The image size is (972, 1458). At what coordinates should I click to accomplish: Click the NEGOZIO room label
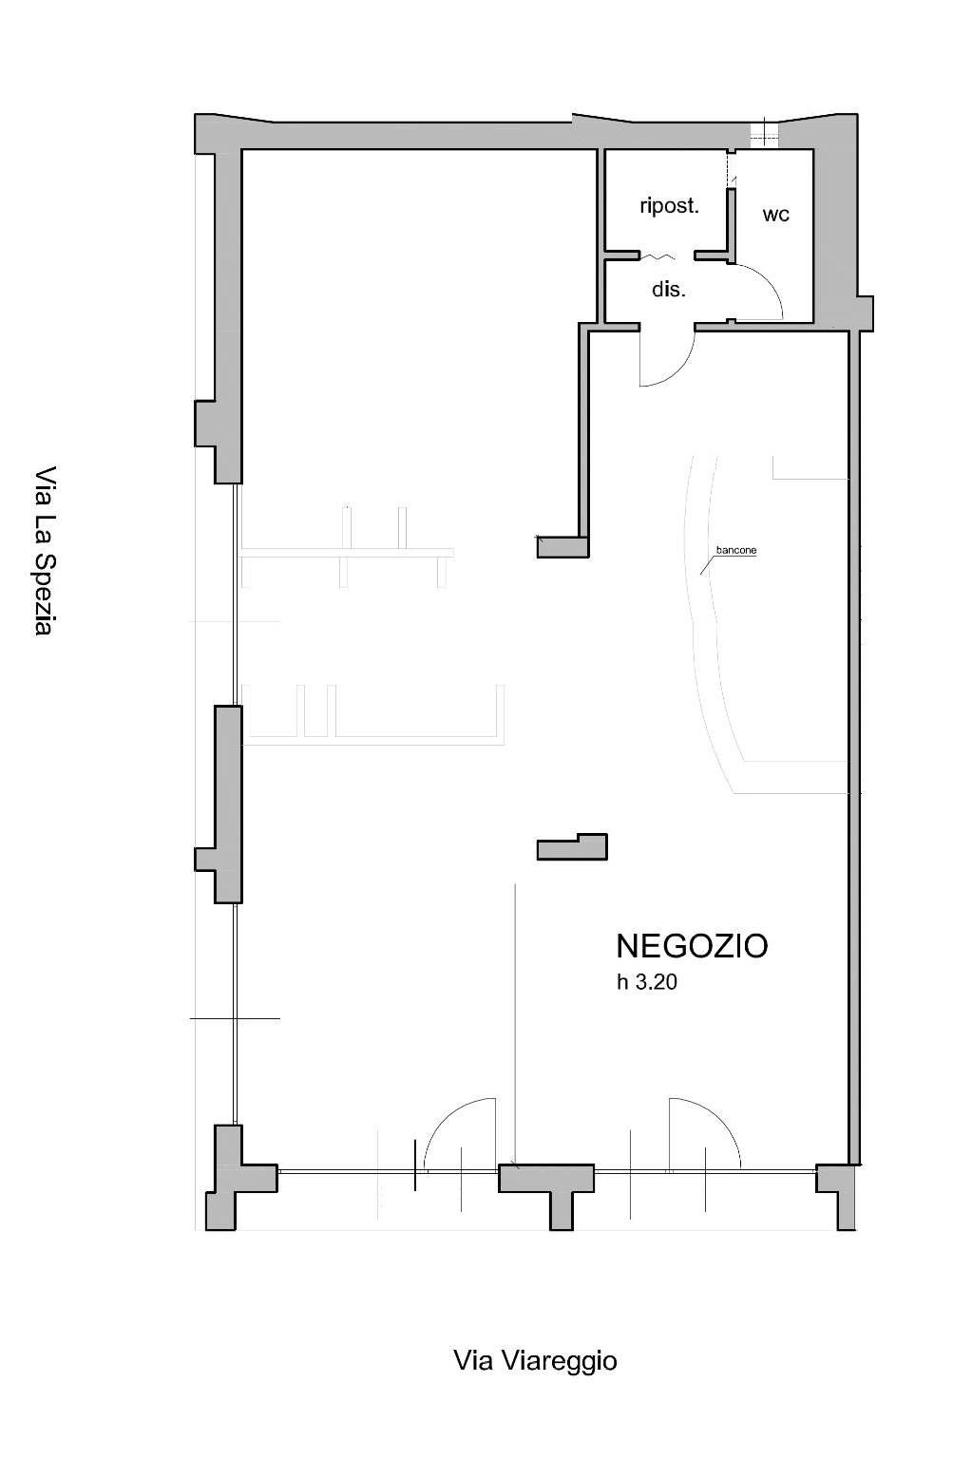(x=692, y=946)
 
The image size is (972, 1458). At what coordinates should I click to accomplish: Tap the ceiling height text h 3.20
(x=646, y=982)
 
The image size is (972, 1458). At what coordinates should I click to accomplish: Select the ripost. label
(x=669, y=206)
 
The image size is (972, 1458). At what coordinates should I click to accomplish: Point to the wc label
(x=775, y=215)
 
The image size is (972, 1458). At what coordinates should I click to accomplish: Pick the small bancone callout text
(x=736, y=550)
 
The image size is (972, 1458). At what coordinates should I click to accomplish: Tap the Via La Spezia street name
(x=45, y=551)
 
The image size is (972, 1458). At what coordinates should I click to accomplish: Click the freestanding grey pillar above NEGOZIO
(x=572, y=847)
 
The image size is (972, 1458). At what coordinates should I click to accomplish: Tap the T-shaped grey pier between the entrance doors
(x=547, y=1193)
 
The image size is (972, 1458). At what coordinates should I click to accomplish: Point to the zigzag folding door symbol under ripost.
(x=656, y=257)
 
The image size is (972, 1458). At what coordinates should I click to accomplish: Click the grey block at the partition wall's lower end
(x=562, y=547)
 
